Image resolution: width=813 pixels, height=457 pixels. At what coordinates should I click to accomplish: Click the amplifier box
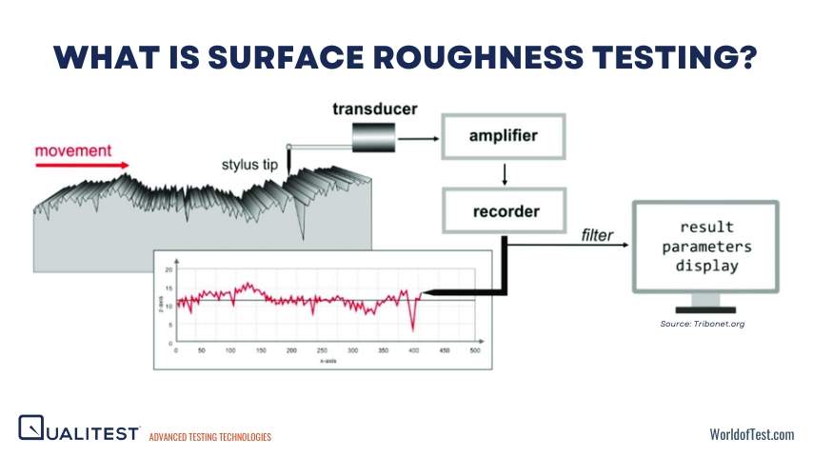pos(504,135)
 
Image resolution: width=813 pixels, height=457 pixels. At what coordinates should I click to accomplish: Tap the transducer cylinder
pos(373,139)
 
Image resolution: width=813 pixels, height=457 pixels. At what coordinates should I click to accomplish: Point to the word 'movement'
pos(73,150)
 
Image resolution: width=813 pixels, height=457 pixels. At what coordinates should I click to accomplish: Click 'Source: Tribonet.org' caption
pos(703,325)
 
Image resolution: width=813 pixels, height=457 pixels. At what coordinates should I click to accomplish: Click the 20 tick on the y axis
pos(169,270)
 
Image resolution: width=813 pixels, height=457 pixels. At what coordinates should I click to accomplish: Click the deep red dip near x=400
pos(412,327)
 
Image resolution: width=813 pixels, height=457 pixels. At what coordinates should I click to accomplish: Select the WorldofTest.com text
pos(751,434)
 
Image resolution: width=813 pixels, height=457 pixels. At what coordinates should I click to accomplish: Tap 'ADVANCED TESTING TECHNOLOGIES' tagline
pos(210,437)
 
